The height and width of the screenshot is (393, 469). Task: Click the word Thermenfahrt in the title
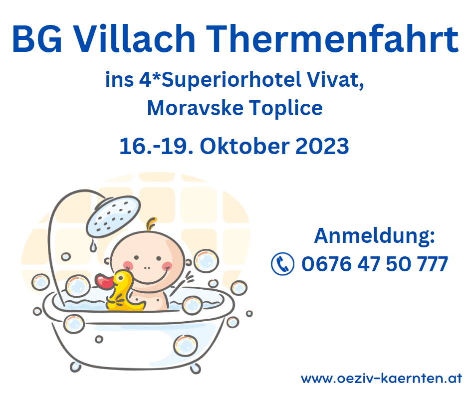[332, 39]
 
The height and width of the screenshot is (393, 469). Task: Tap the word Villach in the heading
[134, 39]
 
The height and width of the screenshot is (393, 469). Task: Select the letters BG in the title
[37, 39]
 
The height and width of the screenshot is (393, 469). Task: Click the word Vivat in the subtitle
[335, 80]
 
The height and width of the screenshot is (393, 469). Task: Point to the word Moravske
[195, 108]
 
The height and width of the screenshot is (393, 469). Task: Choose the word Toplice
[286, 108]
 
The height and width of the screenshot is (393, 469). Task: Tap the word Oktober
[244, 146]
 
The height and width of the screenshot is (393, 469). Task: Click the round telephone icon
[282, 263]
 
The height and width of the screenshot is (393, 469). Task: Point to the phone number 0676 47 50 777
[375, 264]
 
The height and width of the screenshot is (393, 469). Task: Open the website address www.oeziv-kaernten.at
[382, 379]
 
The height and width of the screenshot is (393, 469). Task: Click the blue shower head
[113, 216]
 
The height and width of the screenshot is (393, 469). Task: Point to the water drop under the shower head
[93, 246]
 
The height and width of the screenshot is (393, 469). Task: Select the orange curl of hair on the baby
[151, 224]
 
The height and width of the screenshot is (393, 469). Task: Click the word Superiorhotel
[231, 80]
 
